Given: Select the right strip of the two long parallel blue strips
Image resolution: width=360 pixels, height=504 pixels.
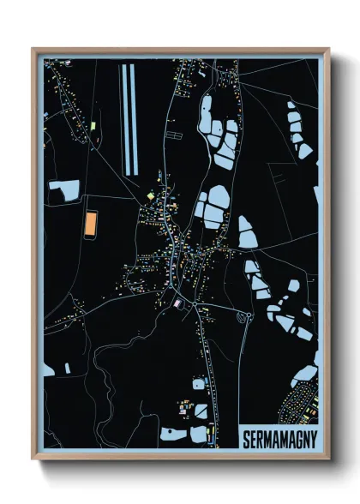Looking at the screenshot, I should [x=134, y=117].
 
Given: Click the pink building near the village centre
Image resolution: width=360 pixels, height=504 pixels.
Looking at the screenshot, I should [x=177, y=302].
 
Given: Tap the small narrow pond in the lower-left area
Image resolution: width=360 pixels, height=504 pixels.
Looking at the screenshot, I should [x=67, y=369].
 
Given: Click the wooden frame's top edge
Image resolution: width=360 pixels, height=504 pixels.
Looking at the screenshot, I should [x=180, y=51].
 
